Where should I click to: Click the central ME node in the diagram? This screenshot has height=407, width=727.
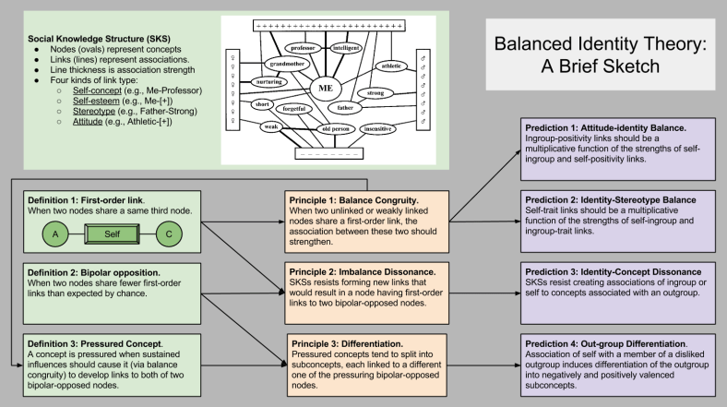point(324,88)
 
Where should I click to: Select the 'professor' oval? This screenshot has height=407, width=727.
point(303,47)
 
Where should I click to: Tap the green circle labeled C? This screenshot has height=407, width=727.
point(169,235)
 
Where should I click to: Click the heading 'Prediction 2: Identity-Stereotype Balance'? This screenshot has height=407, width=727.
point(609,199)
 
